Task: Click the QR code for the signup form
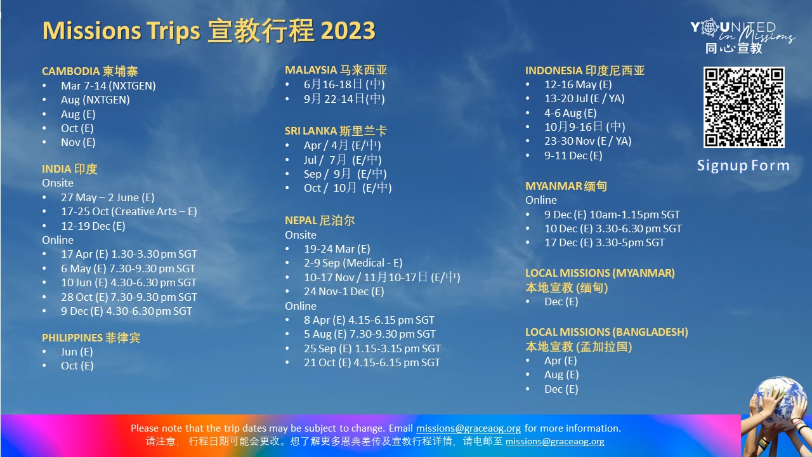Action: (744, 107)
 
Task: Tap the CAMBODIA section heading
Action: (90, 71)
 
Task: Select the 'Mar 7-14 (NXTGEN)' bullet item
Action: (108, 86)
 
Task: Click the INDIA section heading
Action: (70, 169)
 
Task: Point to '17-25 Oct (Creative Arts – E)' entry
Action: (129, 211)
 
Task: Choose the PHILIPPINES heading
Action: (91, 338)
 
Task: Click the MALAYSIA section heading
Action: (336, 70)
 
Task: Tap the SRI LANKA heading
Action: (336, 131)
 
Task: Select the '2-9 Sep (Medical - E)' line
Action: (353, 263)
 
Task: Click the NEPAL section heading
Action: (320, 220)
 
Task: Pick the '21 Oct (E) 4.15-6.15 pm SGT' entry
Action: (372, 362)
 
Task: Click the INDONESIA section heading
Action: (585, 70)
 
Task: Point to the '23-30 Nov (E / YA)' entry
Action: (587, 141)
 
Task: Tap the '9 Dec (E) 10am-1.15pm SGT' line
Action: (612, 215)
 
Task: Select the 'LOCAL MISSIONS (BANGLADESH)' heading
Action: (606, 332)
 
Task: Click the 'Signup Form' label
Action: (743, 166)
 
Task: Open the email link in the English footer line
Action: (468, 428)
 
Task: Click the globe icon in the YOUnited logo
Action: (709, 27)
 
